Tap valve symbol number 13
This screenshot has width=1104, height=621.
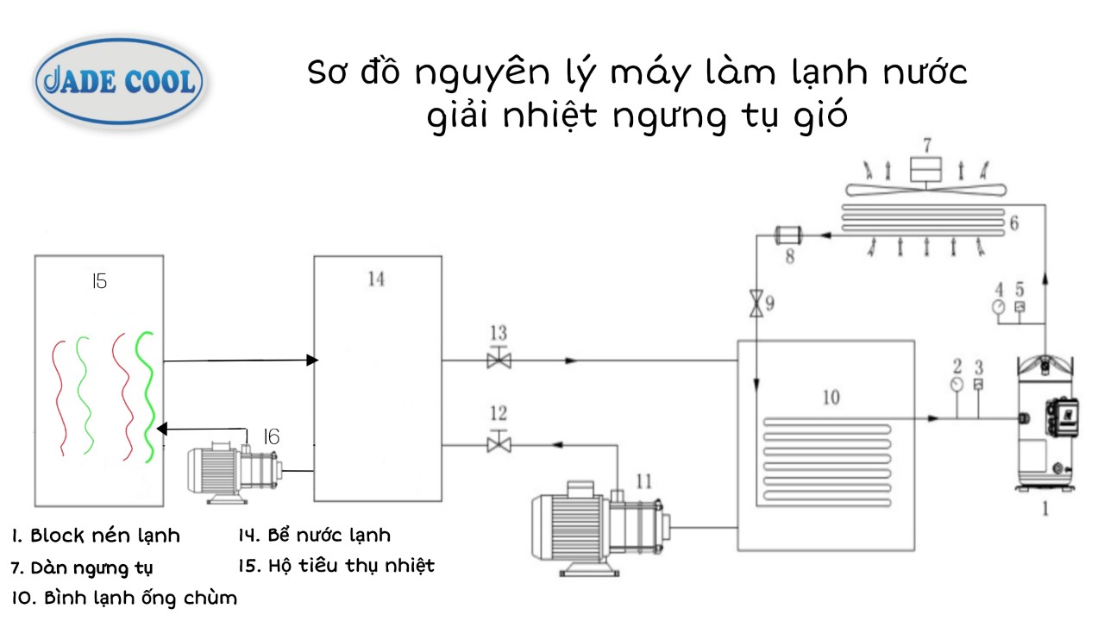pyautogui.click(x=499, y=360)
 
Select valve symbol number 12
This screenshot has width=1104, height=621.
pyautogui.click(x=499, y=444)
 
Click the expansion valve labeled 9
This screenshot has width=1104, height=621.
pyautogui.click(x=756, y=304)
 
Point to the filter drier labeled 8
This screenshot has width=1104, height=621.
pyautogui.click(x=787, y=233)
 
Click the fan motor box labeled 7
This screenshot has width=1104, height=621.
pyautogui.click(x=926, y=168)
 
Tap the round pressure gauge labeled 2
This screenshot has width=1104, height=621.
pyautogui.click(x=957, y=385)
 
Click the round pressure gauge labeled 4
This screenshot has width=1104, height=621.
pyautogui.click(x=999, y=306)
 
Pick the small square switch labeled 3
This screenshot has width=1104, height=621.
pyautogui.click(x=978, y=385)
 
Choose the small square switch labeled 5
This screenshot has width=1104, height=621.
pyautogui.click(x=1019, y=306)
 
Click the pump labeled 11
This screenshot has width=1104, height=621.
pyautogui.click(x=595, y=526)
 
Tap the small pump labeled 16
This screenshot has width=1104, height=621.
pyautogui.click(x=235, y=469)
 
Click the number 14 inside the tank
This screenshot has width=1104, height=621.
pyautogui.click(x=376, y=279)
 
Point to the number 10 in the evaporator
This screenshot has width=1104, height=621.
pyautogui.click(x=830, y=398)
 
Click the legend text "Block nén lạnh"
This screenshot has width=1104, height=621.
pyautogui.click(x=105, y=536)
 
